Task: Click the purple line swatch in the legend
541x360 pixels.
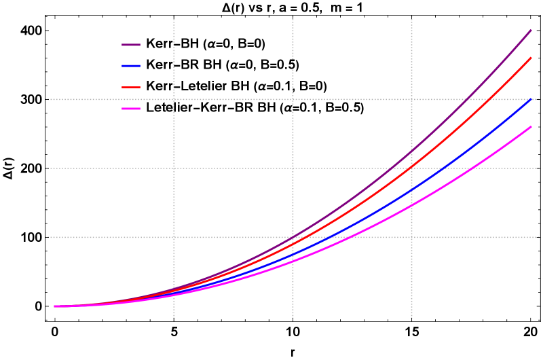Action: tap(131, 45)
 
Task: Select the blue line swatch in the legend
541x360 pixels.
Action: tap(131, 66)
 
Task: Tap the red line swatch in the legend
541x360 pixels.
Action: tap(131, 87)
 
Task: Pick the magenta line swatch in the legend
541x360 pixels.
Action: tap(131, 109)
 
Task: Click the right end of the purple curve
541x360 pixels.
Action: tap(531, 31)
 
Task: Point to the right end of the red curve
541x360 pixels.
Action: tap(531, 58)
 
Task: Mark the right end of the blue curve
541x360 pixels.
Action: tap(531, 99)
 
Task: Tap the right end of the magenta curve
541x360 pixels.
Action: tap(531, 127)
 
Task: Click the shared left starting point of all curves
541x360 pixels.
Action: tap(55, 306)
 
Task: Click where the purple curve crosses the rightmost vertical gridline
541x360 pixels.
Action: tap(411, 150)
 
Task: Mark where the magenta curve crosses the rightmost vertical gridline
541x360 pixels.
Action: tap(411, 204)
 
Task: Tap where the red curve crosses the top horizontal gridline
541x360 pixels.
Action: tap(487, 99)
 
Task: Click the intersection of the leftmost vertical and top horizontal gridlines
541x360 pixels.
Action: tap(174, 99)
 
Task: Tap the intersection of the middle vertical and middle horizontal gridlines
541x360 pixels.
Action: tap(293, 168)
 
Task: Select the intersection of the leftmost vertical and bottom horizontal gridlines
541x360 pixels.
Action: tap(174, 237)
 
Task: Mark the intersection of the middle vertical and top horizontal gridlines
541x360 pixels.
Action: tap(293, 99)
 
